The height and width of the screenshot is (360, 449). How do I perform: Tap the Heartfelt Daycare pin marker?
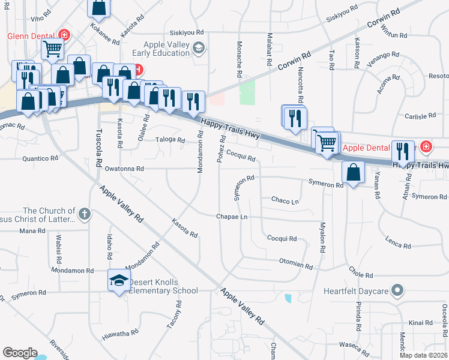point(396,291)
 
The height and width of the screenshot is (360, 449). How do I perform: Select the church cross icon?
point(85,213)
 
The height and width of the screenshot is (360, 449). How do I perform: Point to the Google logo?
point(20,353)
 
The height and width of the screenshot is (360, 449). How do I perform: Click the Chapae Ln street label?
point(232,216)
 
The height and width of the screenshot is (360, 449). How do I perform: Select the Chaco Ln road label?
point(285,200)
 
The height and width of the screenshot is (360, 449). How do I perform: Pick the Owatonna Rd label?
point(124,169)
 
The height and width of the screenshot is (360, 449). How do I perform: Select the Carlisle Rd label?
point(420,116)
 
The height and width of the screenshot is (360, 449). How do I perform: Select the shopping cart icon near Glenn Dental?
point(53,48)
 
